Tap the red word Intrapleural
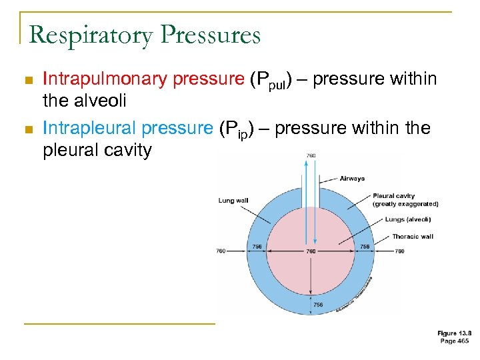tap(98, 127)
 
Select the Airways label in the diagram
tap(352, 179)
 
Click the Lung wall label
tap(233, 200)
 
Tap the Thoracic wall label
tap(412, 237)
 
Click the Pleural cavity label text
tap(393, 196)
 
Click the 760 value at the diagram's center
tap(311, 251)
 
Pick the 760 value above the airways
tap(311, 156)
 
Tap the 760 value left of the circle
tap(221, 251)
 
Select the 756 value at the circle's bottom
tap(319, 305)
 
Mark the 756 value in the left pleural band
tap(257, 247)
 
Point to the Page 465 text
tap(455, 341)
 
